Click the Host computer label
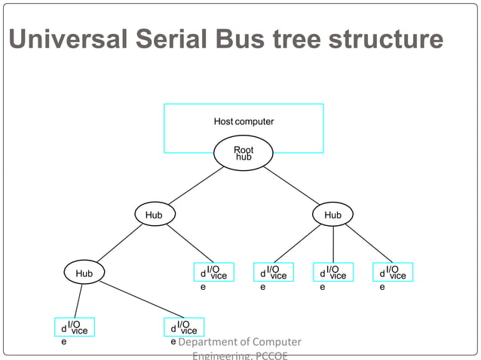(244, 121)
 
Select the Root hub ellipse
(244, 154)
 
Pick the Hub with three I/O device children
(332, 215)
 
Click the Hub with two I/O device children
(84, 273)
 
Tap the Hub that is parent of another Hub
(154, 215)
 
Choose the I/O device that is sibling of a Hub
(213, 272)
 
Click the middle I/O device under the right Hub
(333, 272)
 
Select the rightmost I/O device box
(393, 272)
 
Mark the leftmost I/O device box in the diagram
(75, 328)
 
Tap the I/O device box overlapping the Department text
(184, 328)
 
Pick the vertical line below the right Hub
(332, 244)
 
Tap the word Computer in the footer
(276, 342)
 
